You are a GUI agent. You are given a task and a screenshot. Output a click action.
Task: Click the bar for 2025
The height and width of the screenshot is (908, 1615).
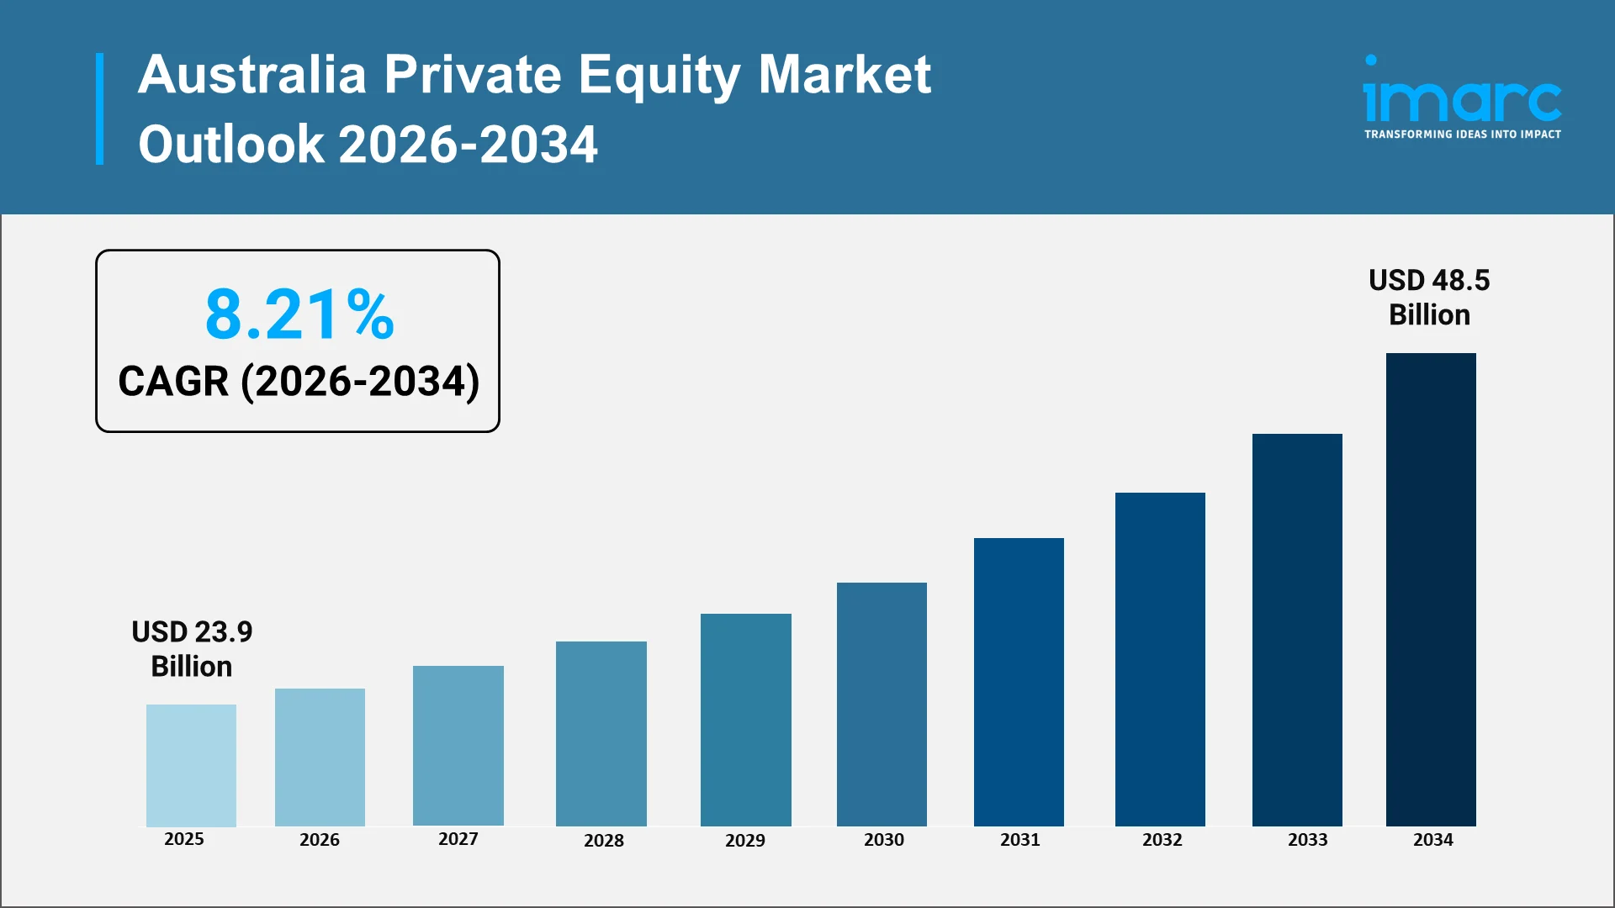coord(191,765)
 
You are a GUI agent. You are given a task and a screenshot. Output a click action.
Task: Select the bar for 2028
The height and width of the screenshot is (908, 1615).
coord(601,733)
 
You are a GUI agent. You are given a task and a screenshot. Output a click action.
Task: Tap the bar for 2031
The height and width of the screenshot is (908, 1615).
coord(1019,682)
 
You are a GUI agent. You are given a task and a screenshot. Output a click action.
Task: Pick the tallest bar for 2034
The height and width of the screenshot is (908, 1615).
coord(1430,589)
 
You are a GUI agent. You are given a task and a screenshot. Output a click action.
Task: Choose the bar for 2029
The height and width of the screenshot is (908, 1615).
coord(745,720)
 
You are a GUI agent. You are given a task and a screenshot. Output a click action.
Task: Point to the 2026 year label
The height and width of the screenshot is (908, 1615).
coord(320,839)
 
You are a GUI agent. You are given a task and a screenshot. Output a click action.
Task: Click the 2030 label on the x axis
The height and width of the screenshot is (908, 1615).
coord(883,839)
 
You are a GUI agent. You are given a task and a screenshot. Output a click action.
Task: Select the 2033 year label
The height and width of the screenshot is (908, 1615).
coord(1307,839)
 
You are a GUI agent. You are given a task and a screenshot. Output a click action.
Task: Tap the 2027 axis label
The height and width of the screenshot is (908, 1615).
coord(458,838)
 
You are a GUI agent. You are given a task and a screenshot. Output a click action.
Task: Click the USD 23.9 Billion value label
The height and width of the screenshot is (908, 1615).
coord(192,648)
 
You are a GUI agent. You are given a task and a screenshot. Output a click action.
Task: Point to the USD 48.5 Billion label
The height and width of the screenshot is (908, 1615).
coord(1429,297)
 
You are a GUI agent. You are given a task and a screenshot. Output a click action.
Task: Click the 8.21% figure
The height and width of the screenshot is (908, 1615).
coord(299,314)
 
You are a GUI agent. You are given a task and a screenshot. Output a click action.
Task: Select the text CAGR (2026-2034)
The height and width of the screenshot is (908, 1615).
coord(299,381)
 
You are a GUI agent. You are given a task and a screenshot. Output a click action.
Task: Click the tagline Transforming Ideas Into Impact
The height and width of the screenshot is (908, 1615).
coord(1462,135)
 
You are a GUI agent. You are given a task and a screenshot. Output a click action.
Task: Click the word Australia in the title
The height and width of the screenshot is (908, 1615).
coord(252,74)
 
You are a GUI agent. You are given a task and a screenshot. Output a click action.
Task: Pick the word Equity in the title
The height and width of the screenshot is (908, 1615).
coord(659,76)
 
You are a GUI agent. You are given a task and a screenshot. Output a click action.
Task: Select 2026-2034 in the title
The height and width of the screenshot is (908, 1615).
coord(468,144)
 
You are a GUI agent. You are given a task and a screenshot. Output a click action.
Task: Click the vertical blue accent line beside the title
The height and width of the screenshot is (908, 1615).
coord(100,108)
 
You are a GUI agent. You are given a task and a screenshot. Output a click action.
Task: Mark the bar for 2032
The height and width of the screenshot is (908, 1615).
coord(1160,659)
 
